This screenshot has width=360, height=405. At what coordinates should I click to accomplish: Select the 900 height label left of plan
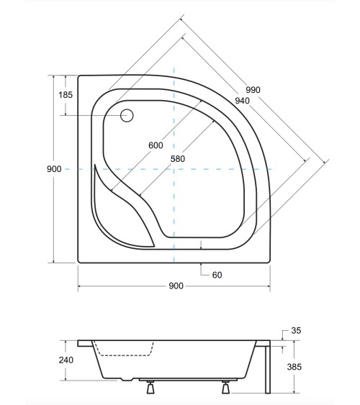point(53,168)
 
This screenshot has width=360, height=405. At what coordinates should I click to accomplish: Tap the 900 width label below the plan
point(175,286)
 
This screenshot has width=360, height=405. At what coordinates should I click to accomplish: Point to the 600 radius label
point(156,145)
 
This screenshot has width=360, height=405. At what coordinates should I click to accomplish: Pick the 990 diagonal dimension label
point(253,90)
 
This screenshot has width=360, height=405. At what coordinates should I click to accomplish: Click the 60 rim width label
point(217,275)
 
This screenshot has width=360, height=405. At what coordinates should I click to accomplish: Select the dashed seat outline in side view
point(124,353)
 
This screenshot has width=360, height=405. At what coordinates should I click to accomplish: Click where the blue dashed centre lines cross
point(174,169)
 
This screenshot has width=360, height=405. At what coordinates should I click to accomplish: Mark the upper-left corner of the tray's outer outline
point(78,75)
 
